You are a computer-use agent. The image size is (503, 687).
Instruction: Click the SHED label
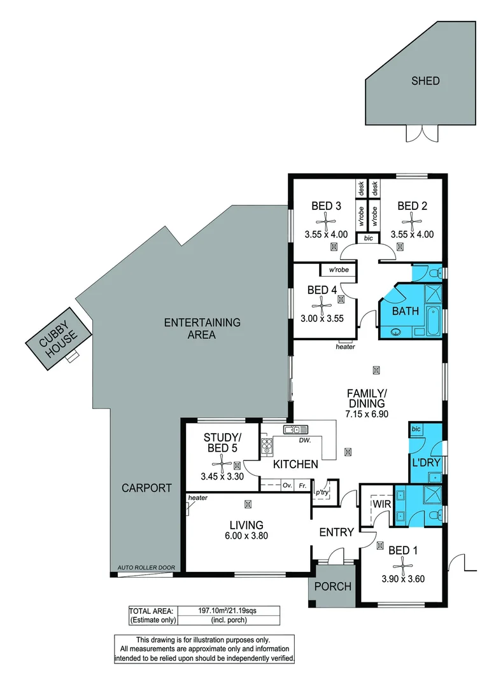425,81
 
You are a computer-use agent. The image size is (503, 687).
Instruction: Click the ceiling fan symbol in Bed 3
325,221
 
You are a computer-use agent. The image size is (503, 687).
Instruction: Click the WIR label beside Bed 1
381,504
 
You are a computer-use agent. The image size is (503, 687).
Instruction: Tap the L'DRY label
426,462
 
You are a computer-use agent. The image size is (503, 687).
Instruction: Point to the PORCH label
333,586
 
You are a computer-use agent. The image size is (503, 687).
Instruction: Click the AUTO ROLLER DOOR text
146,567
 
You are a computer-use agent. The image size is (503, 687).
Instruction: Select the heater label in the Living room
198,498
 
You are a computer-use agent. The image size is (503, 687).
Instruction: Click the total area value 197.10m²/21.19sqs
227,610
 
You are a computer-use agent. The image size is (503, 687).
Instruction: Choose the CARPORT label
147,489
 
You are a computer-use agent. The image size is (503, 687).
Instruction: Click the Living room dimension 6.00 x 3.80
246,536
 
